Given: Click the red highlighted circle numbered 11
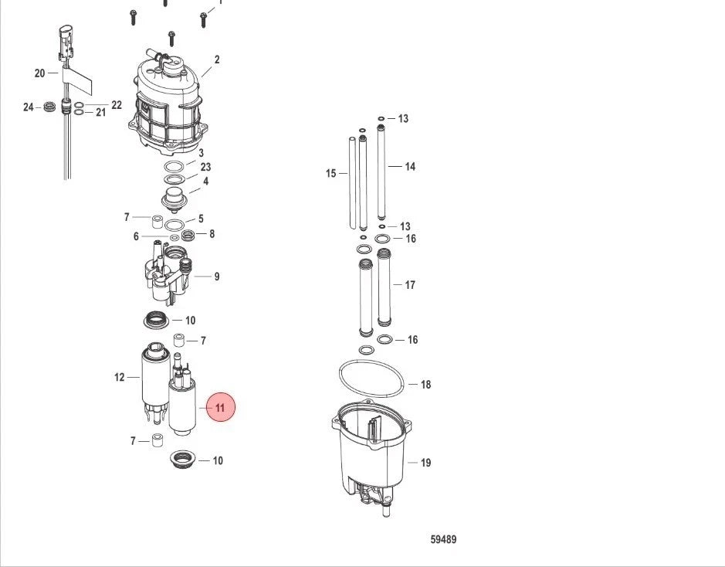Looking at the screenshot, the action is point(220,407).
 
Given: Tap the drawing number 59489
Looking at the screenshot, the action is point(443,539).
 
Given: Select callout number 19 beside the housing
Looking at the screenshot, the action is point(426,463).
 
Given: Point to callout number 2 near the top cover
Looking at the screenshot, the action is point(217,59).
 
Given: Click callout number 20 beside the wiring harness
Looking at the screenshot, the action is point(40,73).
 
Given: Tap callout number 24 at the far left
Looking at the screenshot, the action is point(29,107).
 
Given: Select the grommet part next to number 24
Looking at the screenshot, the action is point(49,107).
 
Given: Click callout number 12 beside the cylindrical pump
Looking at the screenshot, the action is point(120,378).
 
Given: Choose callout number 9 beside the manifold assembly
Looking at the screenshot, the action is point(216,277).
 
